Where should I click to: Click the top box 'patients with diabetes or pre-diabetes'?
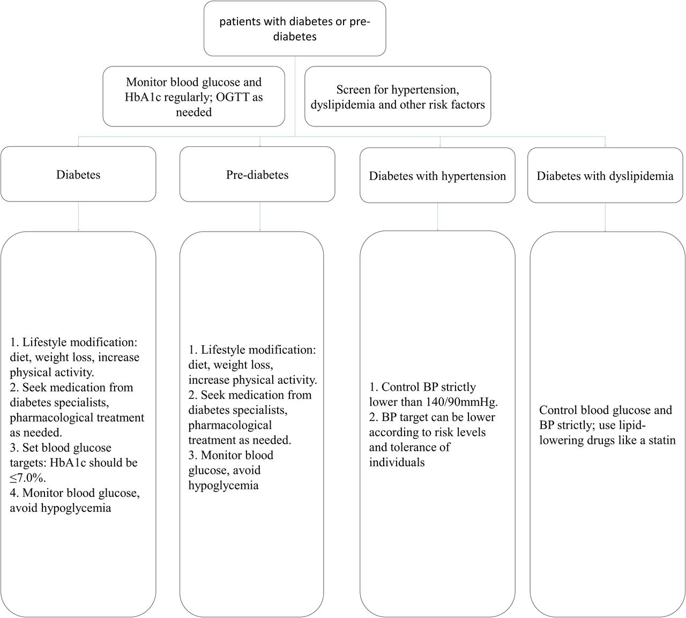(x=295, y=28)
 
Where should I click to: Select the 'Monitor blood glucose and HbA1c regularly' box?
(x=194, y=96)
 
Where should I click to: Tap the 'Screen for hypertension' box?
(x=398, y=96)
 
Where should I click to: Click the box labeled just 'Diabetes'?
(x=78, y=174)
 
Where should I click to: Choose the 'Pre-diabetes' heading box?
(x=257, y=174)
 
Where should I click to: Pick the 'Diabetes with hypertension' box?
(x=437, y=175)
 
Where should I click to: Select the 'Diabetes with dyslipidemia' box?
(x=605, y=175)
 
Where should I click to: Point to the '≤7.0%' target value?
(x=27, y=478)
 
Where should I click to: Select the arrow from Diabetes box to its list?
(x=78, y=216)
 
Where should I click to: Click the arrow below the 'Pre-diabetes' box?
(x=260, y=216)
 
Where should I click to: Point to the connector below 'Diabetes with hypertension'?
(x=438, y=217)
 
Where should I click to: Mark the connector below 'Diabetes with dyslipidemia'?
(x=605, y=218)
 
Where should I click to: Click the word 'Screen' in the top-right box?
(x=352, y=90)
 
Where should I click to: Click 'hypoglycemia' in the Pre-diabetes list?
(x=223, y=486)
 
